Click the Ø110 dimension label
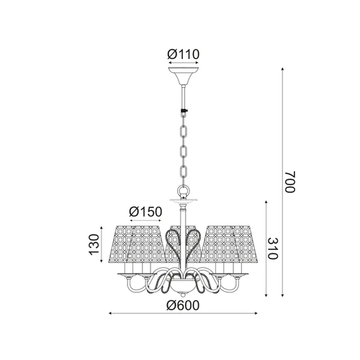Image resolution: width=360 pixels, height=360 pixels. [x=184, y=55]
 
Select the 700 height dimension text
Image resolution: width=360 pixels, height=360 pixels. [x=289, y=181]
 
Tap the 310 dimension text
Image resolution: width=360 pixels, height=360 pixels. [x=273, y=248]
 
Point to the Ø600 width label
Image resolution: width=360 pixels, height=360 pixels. [x=183, y=305]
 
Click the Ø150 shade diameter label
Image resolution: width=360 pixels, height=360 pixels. [x=145, y=212]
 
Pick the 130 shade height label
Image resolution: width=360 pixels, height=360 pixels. [x=94, y=244]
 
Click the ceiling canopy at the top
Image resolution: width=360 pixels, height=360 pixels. [x=184, y=76]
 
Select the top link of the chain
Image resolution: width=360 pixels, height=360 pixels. [x=184, y=131]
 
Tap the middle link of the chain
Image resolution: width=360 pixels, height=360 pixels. [x=184, y=151]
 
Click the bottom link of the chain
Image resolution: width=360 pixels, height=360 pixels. [x=184, y=171]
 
